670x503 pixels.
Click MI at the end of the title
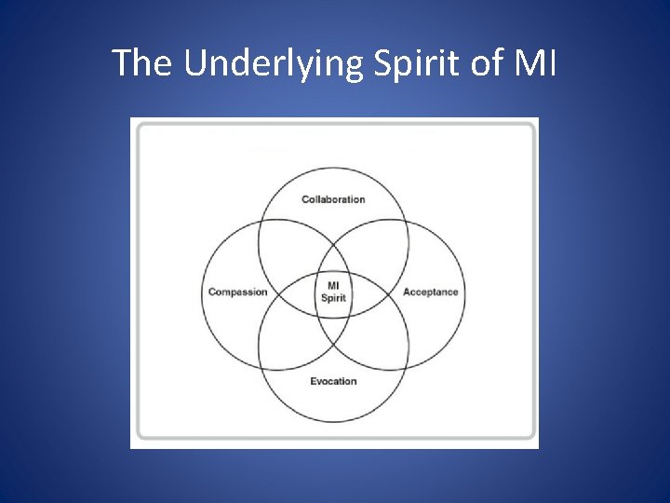(x=535, y=63)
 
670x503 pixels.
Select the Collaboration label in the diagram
(x=333, y=199)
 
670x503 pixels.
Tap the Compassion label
(x=237, y=292)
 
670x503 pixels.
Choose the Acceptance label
(x=430, y=292)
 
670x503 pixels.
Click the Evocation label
(x=333, y=381)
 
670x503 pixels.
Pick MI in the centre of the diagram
(x=333, y=286)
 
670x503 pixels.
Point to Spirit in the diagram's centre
(x=333, y=298)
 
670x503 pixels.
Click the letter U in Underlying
(x=194, y=63)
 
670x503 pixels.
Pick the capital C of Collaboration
(x=305, y=199)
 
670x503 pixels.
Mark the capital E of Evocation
(x=313, y=381)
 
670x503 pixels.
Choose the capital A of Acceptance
(x=407, y=292)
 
